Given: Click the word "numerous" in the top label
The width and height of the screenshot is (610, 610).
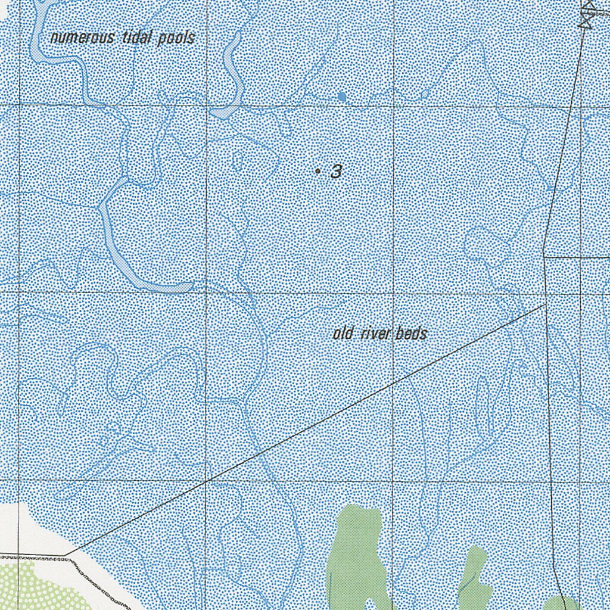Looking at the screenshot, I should [83, 38].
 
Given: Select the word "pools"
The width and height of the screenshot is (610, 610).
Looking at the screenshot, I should [176, 39].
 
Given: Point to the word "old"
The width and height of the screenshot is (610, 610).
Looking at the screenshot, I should [343, 334].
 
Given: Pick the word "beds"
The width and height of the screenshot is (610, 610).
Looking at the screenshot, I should [412, 334].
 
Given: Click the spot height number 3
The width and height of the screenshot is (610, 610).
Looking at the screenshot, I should [337, 172].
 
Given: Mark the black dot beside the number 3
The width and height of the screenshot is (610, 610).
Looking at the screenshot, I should [318, 172].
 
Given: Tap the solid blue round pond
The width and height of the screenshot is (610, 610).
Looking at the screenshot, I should [341, 96].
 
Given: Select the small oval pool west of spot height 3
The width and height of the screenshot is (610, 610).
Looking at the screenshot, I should [237, 161].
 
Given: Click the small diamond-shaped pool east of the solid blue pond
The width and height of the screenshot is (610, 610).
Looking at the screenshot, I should [425, 94].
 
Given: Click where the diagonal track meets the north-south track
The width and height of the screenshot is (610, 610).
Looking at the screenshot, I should [546, 304].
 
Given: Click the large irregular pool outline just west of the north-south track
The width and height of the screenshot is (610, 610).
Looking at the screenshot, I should [485, 244].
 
